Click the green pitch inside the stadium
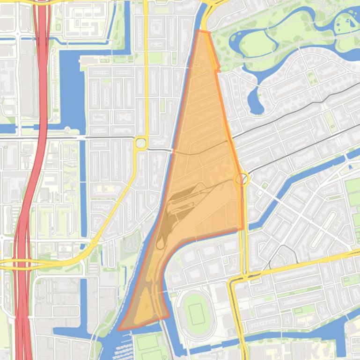click(x=196, y=310)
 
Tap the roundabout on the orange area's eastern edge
click(x=242, y=179)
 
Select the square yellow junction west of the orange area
click(x=140, y=143)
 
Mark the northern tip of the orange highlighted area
click(x=200, y=31)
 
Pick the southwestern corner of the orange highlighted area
click(x=119, y=329)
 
